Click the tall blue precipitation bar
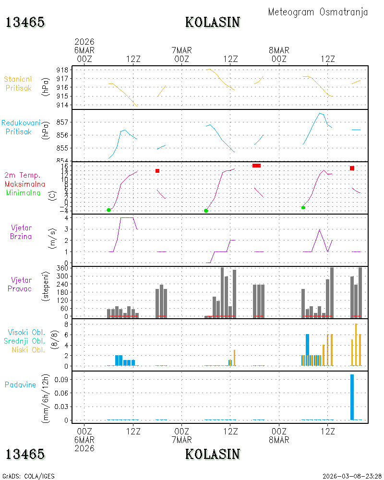352,397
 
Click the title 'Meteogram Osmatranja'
318,12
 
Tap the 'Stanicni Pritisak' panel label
18,84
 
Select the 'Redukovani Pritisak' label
21,127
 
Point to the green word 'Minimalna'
23,193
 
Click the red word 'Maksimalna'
25,184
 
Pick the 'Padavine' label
20,385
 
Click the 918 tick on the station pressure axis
62,70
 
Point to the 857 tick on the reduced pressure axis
62,122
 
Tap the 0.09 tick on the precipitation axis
61,380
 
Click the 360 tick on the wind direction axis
62,268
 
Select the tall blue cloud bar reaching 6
308,350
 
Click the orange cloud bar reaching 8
356,345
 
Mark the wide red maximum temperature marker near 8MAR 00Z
257,166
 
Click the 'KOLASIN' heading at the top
213,23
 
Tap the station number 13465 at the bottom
25,454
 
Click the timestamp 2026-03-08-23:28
352,476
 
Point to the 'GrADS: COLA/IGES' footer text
28,476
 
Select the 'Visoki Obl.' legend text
26,332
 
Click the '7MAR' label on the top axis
181,50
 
